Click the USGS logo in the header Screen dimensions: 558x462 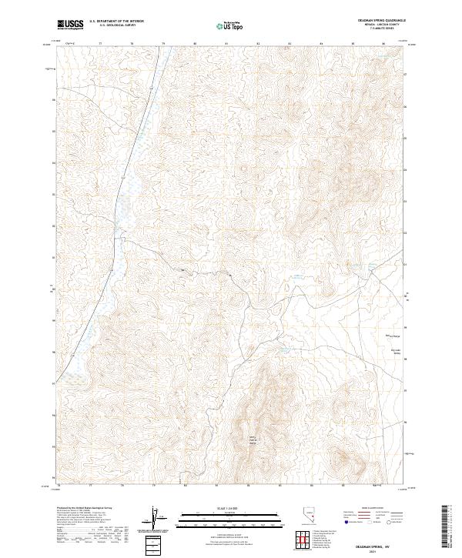(x=70, y=25)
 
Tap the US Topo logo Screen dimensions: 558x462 (x=232, y=25)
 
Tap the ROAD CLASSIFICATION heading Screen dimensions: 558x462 (x=372, y=510)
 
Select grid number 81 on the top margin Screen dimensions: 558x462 (x=226, y=44)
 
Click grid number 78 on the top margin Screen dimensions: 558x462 (x=132, y=44)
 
